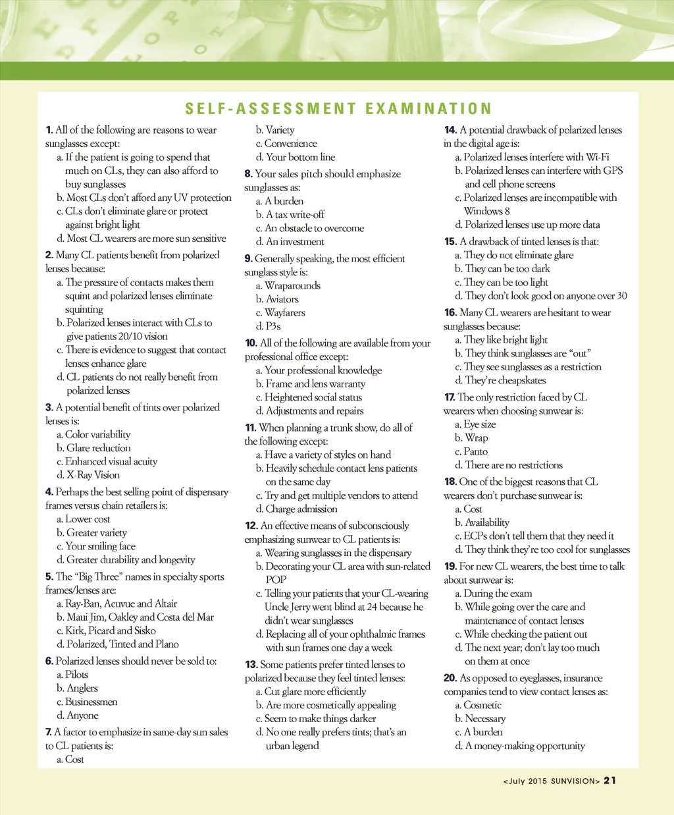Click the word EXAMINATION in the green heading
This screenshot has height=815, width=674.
tap(428, 109)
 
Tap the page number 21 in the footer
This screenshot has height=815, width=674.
tap(610, 781)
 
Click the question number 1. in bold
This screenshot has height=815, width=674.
tap(49, 130)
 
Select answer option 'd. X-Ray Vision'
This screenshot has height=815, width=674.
tap(88, 475)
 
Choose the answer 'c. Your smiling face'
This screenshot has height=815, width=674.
tap(96, 546)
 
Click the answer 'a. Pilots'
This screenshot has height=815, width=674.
tap(72, 675)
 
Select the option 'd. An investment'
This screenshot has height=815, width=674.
tap(290, 242)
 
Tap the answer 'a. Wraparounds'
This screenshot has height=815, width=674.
tap(288, 286)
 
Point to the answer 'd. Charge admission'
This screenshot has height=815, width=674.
tap(296, 509)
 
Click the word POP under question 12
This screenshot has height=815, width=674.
tap(276, 580)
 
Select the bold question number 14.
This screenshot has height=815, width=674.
tap(450, 130)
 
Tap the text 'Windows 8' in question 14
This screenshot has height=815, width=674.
tap(486, 211)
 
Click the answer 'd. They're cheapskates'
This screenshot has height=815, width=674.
tap(500, 380)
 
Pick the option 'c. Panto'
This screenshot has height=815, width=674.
tap(471, 452)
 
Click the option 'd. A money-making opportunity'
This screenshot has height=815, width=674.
tap(520, 746)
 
